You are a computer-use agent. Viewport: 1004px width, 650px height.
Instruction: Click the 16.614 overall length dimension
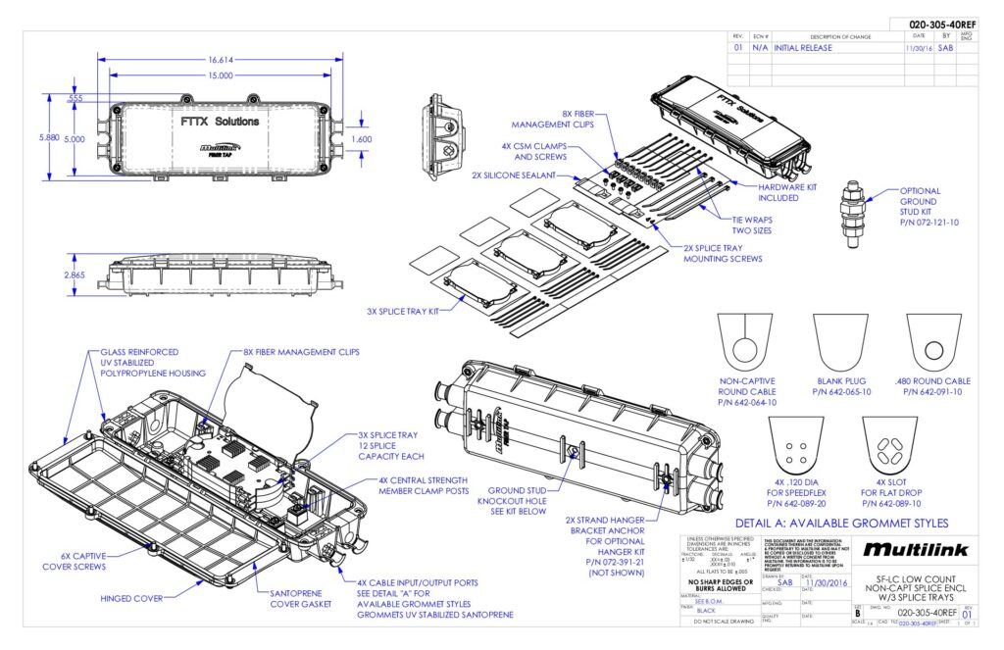(220, 59)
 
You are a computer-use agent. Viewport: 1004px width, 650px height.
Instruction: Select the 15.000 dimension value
(220, 75)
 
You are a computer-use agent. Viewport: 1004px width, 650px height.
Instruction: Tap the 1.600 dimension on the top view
(361, 139)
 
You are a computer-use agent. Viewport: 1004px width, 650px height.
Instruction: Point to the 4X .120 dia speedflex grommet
(795, 446)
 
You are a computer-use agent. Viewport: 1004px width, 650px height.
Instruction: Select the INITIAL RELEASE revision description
(803, 47)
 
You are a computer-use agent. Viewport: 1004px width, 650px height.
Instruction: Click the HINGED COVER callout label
(132, 597)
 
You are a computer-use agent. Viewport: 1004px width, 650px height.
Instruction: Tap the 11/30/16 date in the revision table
(919, 47)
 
